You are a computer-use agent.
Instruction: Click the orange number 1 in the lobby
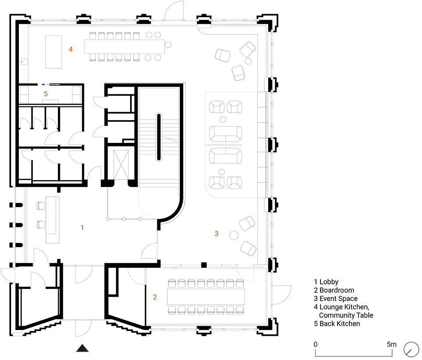click(x=82, y=228)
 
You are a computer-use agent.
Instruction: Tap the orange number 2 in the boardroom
click(x=155, y=297)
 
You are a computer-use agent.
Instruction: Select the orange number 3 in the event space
click(x=217, y=233)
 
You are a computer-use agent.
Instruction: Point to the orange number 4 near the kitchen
click(x=71, y=49)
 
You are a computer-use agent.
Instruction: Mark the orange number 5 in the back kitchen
click(x=46, y=94)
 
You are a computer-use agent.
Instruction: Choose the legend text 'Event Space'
click(x=338, y=298)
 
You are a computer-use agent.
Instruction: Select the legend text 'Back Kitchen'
click(x=340, y=324)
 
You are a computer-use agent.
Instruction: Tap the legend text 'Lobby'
click(x=329, y=282)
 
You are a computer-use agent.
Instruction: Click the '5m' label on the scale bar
click(x=392, y=344)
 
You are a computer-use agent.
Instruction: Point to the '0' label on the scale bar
click(x=316, y=344)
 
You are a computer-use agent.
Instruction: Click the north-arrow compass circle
click(x=411, y=349)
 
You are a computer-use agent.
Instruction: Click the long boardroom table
click(x=206, y=297)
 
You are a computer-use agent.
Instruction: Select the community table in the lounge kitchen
click(x=124, y=47)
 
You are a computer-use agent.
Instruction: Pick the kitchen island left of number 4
click(x=54, y=52)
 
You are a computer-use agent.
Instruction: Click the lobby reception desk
click(x=52, y=220)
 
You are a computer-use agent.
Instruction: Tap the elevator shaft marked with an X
click(x=121, y=165)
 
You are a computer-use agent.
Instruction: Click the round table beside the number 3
click(x=234, y=235)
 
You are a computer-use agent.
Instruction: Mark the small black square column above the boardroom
click(x=204, y=265)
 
